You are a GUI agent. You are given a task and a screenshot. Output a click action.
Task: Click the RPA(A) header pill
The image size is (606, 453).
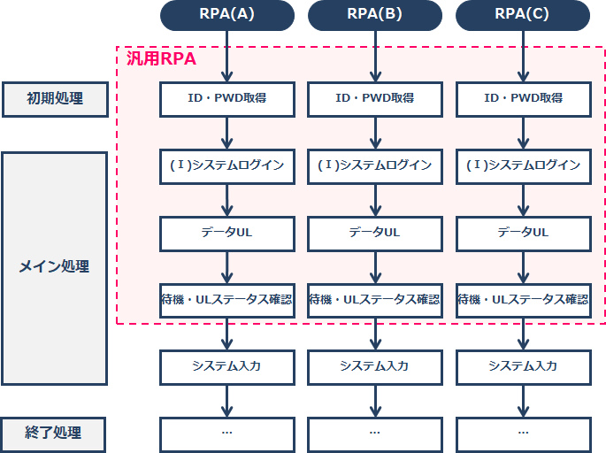(227, 15)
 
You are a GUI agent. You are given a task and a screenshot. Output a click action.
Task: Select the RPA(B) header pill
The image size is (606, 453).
(375, 15)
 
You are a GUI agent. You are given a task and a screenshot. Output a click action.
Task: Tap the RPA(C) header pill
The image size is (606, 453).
(523, 15)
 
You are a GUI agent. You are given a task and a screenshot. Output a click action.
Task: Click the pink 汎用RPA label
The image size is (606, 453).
(161, 58)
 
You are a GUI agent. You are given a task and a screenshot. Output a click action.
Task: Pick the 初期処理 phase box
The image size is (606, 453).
(55, 99)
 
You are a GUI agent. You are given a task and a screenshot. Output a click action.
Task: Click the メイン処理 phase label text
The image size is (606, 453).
(54, 266)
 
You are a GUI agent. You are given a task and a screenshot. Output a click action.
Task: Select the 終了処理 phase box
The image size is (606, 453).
(53, 434)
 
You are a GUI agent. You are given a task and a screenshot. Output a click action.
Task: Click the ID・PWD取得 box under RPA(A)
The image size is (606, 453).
(227, 99)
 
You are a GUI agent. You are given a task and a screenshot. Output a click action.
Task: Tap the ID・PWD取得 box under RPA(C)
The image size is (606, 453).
(524, 99)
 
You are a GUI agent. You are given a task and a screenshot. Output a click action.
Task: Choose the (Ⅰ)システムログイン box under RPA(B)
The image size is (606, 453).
(375, 166)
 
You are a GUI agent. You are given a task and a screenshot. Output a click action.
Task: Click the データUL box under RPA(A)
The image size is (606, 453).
(227, 234)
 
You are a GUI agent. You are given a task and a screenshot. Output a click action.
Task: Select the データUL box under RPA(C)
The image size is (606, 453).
(524, 234)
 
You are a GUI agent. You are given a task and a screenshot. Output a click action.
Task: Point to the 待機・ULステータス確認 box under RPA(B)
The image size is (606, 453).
(375, 301)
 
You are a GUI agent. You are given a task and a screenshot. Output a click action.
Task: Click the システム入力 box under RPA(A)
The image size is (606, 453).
(227, 367)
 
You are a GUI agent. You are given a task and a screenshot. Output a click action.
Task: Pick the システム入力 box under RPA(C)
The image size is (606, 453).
(524, 367)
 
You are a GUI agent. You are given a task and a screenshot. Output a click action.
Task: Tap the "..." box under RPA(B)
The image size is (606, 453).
(375, 434)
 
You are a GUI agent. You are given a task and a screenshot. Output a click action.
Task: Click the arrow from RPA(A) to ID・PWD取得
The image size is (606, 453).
(226, 57)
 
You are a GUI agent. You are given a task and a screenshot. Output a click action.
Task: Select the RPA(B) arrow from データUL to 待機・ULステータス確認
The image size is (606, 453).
(375, 267)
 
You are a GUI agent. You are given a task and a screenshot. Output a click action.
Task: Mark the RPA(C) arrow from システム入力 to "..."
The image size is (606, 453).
(524, 401)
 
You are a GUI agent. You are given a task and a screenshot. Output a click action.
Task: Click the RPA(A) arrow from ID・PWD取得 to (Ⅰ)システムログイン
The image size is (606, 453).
(226, 133)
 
